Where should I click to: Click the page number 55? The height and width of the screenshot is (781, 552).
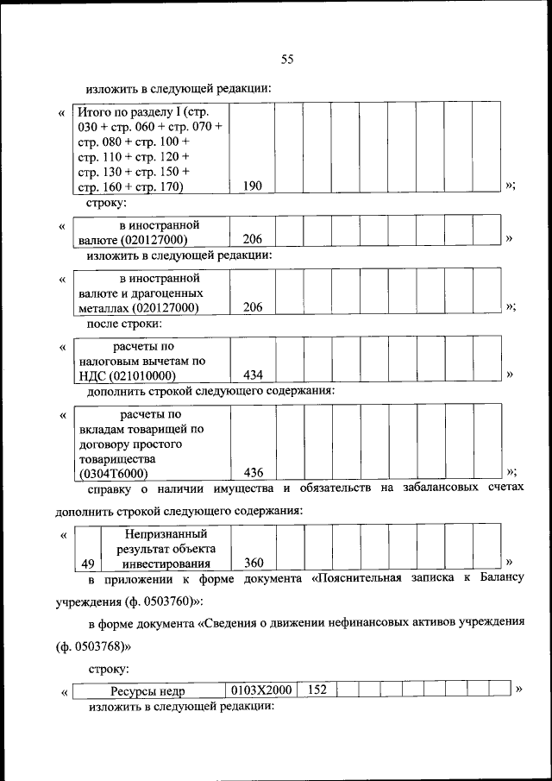pos(288,59)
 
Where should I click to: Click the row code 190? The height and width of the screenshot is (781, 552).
pos(252,186)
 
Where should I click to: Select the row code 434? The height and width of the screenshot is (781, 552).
pos(253,375)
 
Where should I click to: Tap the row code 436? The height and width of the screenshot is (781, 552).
pos(253,473)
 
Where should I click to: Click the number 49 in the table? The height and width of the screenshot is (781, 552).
pos(87,564)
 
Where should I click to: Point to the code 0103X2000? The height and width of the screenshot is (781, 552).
pos(261,690)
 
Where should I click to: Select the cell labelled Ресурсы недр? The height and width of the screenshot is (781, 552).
pos(147,690)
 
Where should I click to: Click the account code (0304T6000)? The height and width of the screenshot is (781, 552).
pos(112,474)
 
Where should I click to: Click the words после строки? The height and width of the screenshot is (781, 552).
pos(124,324)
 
